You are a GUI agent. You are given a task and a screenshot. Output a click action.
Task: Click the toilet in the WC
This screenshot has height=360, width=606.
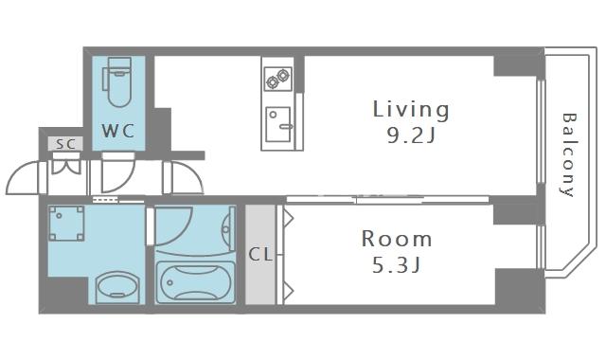tap(117, 82)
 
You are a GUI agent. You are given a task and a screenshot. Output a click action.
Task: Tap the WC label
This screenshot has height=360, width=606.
tap(118, 131)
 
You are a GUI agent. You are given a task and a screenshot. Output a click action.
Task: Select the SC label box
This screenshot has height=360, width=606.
tap(65, 144)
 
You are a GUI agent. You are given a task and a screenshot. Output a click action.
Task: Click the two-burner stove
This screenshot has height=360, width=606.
tap(277, 79)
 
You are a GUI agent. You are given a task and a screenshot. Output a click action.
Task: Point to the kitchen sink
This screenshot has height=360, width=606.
tap(278, 124)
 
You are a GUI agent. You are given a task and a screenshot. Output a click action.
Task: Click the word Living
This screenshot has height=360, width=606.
tap(411, 109)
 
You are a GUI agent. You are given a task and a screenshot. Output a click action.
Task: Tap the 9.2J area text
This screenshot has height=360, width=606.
tap(411, 135)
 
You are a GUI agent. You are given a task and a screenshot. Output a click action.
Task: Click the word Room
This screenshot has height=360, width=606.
tap(397, 239)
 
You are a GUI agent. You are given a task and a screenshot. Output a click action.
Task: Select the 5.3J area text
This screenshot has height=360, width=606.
tap(396, 265)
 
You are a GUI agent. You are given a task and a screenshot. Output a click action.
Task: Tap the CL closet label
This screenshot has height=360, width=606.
tap(260, 255)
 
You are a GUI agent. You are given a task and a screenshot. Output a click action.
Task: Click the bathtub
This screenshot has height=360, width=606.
tap(196, 282)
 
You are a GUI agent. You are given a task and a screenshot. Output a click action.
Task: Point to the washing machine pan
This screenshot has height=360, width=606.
tap(66, 224)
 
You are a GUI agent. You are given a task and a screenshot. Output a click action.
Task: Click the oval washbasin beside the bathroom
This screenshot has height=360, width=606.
tap(117, 286)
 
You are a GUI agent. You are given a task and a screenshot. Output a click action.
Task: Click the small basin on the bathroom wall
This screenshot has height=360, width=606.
tap(228, 228)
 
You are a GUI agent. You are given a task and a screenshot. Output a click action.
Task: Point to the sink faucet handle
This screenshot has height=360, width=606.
tap(286, 126)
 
